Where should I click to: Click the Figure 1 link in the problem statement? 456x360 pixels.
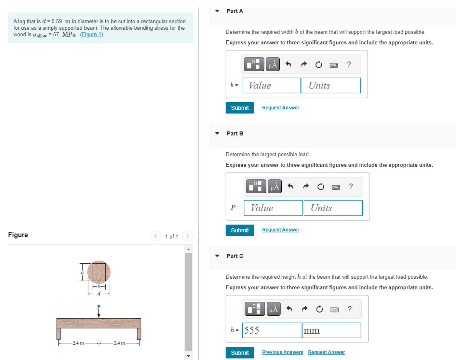(x=91, y=35)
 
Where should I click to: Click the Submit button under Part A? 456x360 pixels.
(x=240, y=108)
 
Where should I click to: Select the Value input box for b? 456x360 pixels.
(x=271, y=85)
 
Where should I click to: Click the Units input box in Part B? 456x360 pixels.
(x=333, y=208)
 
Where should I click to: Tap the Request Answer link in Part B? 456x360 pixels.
(x=280, y=230)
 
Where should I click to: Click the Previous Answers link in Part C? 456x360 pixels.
(x=282, y=352)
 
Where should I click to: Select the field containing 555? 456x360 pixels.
(x=271, y=330)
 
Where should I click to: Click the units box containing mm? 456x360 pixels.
(x=331, y=330)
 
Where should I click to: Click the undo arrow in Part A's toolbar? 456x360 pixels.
(x=288, y=64)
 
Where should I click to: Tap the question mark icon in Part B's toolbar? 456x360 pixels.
(x=351, y=187)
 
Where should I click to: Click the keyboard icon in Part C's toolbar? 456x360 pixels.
(x=334, y=310)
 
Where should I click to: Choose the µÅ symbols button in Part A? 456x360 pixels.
(x=273, y=64)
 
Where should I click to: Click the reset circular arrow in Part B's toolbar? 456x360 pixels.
(x=320, y=187)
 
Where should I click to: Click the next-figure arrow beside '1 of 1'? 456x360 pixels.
(x=187, y=236)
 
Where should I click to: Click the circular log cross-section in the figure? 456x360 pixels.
(x=99, y=272)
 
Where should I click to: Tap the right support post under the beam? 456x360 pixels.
(x=139, y=334)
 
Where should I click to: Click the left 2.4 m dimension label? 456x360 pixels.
(x=78, y=343)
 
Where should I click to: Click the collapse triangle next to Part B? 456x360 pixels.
(x=217, y=133)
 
